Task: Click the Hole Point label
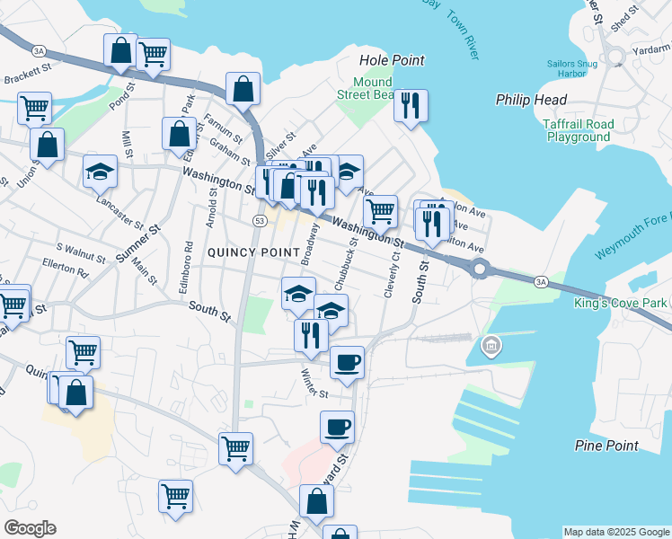(391, 60)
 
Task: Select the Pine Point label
(606, 445)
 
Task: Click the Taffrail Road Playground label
(578, 131)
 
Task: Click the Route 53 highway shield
(260, 220)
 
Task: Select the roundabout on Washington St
(481, 268)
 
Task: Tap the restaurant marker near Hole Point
(410, 106)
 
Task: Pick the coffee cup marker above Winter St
(347, 362)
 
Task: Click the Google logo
(30, 528)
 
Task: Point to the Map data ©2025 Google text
(616, 532)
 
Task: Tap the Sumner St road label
(137, 243)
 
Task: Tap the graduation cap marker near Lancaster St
(100, 171)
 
